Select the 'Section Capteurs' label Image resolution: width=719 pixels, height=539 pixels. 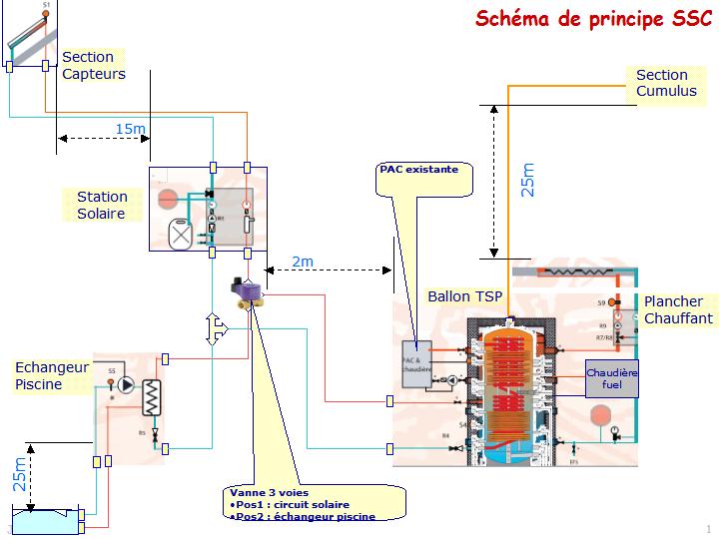click(93, 66)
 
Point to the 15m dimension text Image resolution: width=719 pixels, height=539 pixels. click(130, 129)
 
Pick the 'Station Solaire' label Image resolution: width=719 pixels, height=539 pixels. click(102, 206)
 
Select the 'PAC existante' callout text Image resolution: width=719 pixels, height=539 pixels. click(418, 170)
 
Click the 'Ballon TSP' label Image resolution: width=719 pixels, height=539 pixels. click(464, 296)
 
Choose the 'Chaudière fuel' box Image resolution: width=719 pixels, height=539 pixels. click(611, 379)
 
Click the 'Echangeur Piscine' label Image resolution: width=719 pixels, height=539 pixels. click(51, 375)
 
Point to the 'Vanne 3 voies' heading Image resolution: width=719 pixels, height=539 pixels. click(268, 492)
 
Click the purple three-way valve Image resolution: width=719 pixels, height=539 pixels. click(247, 289)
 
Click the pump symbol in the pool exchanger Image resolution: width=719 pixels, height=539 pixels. click(125, 385)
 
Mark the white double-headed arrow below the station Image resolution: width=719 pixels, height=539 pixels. click(212, 329)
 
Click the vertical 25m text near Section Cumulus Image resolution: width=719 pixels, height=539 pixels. click(528, 180)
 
